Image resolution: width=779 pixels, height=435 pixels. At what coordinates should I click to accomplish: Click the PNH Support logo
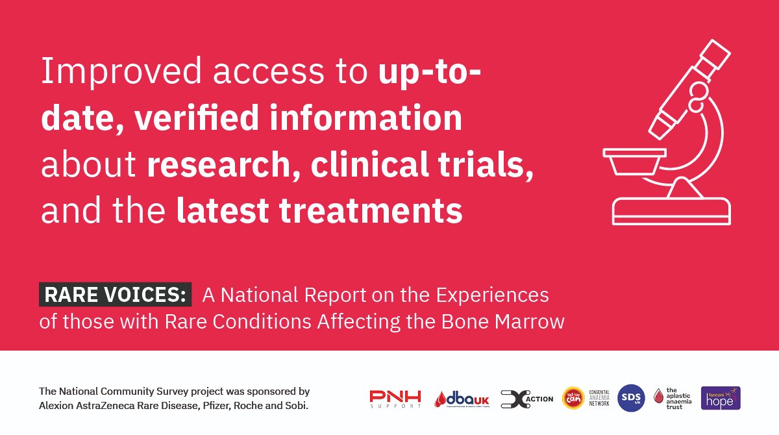395,399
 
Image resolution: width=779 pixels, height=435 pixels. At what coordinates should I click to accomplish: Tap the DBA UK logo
462,399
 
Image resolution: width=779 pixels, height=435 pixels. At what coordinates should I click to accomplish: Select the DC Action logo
527,399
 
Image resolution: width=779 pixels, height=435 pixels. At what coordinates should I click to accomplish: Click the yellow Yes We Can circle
573,398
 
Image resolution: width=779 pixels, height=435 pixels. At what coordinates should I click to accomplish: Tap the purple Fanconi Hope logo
721,398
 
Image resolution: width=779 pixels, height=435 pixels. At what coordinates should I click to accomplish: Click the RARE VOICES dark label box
116,295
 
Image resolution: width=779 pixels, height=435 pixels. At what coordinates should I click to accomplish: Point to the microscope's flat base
672,212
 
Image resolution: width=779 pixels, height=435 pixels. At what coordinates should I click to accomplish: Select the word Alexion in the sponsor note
58,406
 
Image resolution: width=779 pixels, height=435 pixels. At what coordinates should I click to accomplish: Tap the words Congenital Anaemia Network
599,398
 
